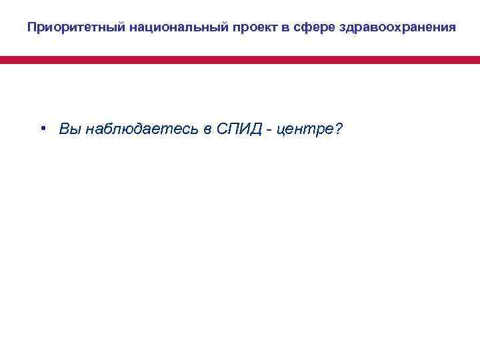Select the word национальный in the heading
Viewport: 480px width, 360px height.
pyautogui.click(x=148, y=28)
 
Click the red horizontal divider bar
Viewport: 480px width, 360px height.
pyautogui.click(x=240, y=60)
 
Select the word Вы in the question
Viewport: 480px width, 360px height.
pyautogui.click(x=67, y=129)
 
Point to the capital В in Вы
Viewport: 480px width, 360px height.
pyautogui.click(x=63, y=129)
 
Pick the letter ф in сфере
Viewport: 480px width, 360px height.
pyautogui.click(x=263, y=28)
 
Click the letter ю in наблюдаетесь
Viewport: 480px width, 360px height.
pyautogui.click(x=117, y=129)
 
